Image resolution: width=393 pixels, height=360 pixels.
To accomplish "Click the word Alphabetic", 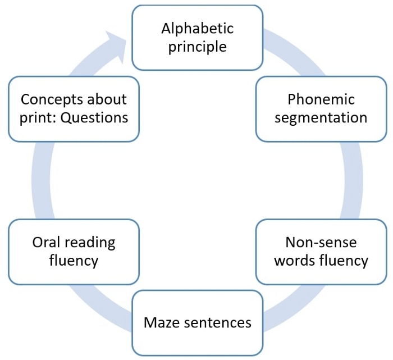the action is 198,28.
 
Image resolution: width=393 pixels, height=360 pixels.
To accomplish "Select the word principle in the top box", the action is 198,47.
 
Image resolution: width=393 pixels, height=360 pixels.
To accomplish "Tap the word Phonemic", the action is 321,99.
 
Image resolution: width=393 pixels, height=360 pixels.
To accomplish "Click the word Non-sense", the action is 321,243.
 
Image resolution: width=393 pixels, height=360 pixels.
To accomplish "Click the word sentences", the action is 218,323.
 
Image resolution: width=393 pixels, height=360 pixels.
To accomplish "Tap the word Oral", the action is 46,243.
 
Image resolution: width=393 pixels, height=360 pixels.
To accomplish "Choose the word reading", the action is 90,243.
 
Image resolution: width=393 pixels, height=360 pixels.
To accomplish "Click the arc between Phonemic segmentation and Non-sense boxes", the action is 353,180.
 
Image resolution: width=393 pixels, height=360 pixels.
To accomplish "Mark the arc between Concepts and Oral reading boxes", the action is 41,180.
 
